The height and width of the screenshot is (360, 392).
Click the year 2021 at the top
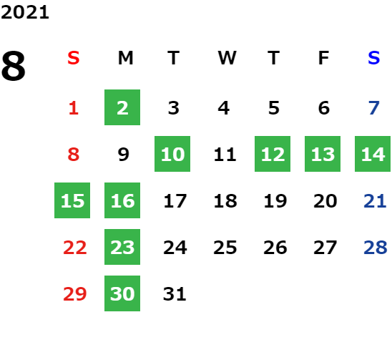[x=25, y=12]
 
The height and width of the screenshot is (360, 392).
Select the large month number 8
[x=14, y=66]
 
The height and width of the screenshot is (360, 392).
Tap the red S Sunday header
[x=74, y=58]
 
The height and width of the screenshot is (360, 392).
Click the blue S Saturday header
[x=373, y=58]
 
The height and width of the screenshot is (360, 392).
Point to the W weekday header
[x=227, y=58]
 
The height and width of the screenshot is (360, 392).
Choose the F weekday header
[x=324, y=58]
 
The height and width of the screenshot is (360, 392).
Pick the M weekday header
[x=125, y=58]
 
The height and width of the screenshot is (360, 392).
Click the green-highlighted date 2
[x=122, y=107]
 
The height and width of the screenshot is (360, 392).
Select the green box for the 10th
[x=172, y=154]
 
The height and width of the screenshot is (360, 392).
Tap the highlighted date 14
[x=373, y=154]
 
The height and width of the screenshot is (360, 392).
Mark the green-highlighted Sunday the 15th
[x=72, y=200]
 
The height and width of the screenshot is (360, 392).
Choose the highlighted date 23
[x=122, y=247]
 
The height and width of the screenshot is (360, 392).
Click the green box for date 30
[x=122, y=293]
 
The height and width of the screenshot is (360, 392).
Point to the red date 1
[x=74, y=108]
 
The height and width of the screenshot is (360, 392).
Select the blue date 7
[x=374, y=108]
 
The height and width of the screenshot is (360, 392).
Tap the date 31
[x=175, y=294]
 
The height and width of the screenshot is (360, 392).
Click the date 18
[x=225, y=201]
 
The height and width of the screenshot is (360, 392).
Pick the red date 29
[x=74, y=294]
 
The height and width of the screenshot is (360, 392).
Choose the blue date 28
[x=376, y=248]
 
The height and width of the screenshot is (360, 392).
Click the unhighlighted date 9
[x=123, y=155]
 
